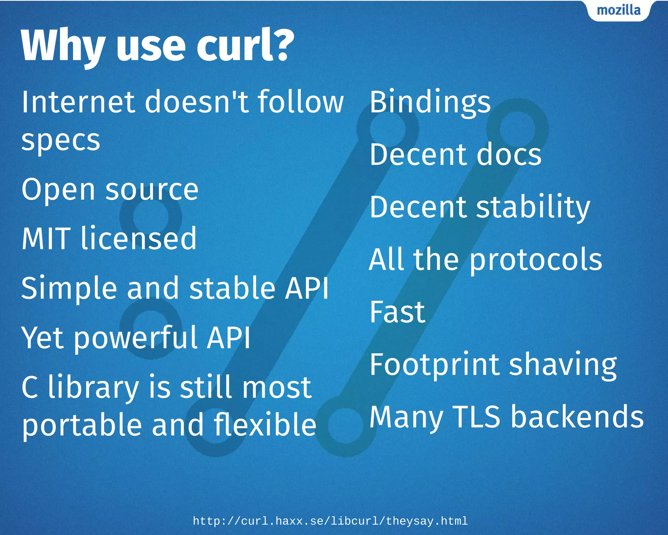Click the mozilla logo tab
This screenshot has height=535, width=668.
tap(618, 10)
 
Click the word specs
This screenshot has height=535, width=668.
tap(61, 140)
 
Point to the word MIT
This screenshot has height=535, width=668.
tap(46, 238)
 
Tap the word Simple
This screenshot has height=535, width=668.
tap(69, 288)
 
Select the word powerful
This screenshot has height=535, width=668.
tap(135, 338)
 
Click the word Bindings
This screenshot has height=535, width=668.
tap(430, 103)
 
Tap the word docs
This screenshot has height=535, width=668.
tap(509, 154)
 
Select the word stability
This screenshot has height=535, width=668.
tap(533, 207)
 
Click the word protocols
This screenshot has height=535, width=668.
tap(536, 260)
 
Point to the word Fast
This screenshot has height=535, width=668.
tap(397, 312)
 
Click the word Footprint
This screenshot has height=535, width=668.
tap(434, 365)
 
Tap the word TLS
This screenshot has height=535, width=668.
tap(476, 416)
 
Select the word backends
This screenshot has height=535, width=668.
tap(577, 416)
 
